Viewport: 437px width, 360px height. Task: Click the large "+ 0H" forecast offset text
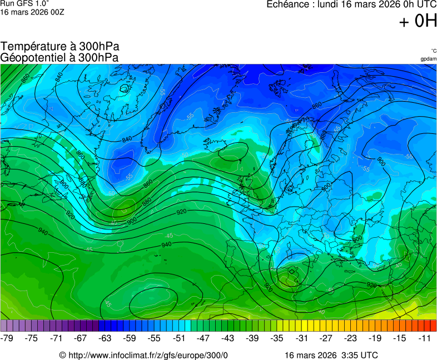(x=418, y=21)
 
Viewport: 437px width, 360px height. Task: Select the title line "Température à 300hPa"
(x=59, y=47)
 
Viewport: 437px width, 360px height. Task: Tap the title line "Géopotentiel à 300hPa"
(x=59, y=57)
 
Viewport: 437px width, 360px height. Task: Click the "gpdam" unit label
(x=428, y=58)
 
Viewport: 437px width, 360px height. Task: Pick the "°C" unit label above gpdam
(x=433, y=51)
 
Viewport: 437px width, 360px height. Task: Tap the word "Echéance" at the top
(x=289, y=4)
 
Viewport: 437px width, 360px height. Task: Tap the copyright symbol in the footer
(x=63, y=355)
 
